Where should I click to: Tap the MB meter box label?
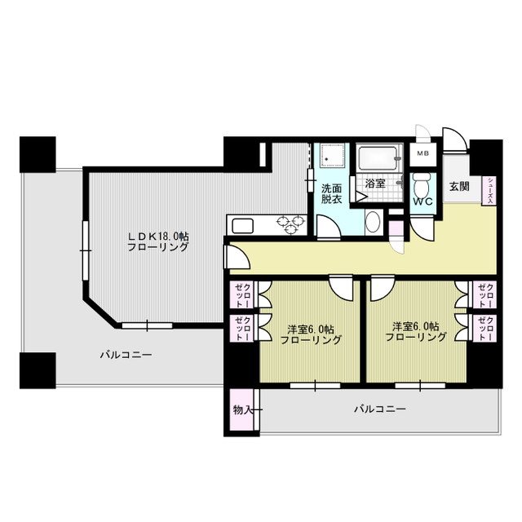pos(422,154)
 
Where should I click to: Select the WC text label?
pos(422,201)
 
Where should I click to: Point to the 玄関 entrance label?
pos(459,187)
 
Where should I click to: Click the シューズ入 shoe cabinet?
pos(489,190)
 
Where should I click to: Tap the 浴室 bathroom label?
pos(375,184)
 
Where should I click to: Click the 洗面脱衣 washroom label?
pos(332,193)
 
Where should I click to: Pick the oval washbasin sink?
pos(374,222)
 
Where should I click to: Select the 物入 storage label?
pos(241,409)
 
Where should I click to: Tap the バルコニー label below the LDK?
pos(126,355)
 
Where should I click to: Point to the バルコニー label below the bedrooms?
pos(380,409)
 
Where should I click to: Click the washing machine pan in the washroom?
pos(331,157)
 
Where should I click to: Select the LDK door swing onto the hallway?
pos(237,256)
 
